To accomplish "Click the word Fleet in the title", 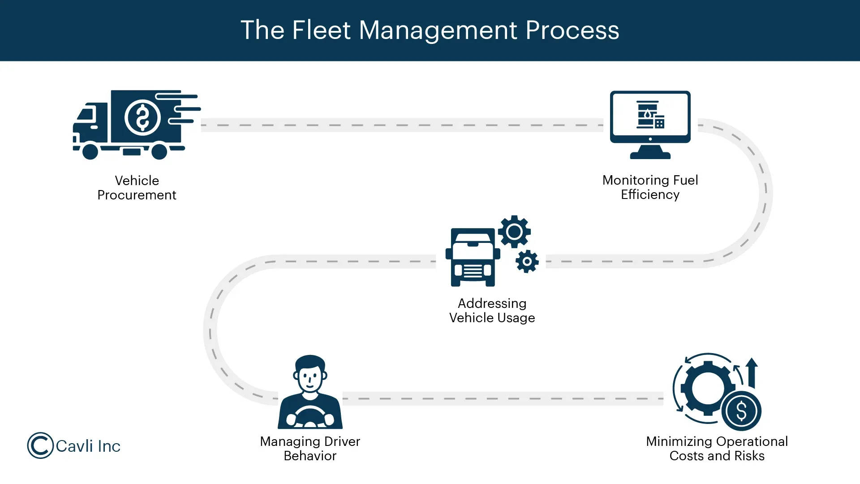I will (x=321, y=30).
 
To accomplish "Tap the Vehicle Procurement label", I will (x=137, y=188).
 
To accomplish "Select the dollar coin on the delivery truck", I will (x=142, y=118).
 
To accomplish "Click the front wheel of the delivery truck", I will (x=90, y=151).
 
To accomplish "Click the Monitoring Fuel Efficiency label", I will (x=650, y=187).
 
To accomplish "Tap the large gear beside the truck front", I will (x=514, y=232).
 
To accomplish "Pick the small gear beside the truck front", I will (x=527, y=261).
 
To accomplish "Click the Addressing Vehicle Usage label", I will (x=492, y=311).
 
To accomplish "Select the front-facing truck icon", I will (x=473, y=258).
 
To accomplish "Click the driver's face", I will (x=310, y=378).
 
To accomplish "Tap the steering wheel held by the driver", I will (x=310, y=415).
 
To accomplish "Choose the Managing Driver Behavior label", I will (x=310, y=449).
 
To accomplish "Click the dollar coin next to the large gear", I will (x=741, y=411).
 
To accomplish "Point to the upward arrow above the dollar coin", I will (x=752, y=372).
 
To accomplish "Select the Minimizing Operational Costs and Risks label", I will (x=717, y=449).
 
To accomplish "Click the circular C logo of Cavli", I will (x=40, y=445).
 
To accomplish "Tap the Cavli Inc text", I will (x=88, y=446).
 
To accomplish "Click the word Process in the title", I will (x=572, y=30).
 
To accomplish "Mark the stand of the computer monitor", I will (x=650, y=152).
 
